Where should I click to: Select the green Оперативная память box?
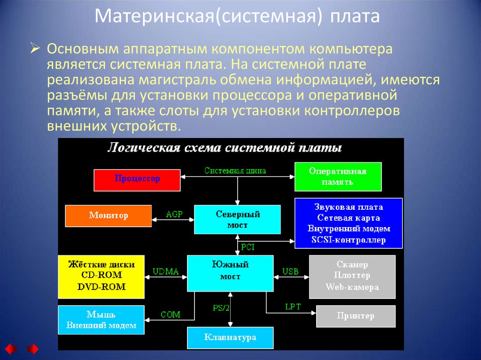pyautogui.click(x=338, y=176)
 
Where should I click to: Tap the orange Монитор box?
pyautogui.click(x=109, y=216)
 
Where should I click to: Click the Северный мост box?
pyautogui.click(x=238, y=219)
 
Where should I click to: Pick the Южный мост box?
pyautogui.click(x=230, y=273)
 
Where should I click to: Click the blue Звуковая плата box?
pyautogui.click(x=349, y=223)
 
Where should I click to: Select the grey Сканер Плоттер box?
pyautogui.click(x=352, y=276)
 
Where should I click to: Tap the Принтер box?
pyautogui.click(x=356, y=316)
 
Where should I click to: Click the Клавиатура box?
pyautogui.click(x=230, y=337)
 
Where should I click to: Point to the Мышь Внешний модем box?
pyautogui.click(x=101, y=320)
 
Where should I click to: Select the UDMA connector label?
pyautogui.click(x=166, y=271)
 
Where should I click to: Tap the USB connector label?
pyautogui.click(x=290, y=271)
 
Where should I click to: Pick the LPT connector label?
pyautogui.click(x=293, y=307)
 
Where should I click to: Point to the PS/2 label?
pyautogui.click(x=221, y=308)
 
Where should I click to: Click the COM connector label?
pyautogui.click(x=171, y=314)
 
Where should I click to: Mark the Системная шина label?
pyautogui.click(x=235, y=171)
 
